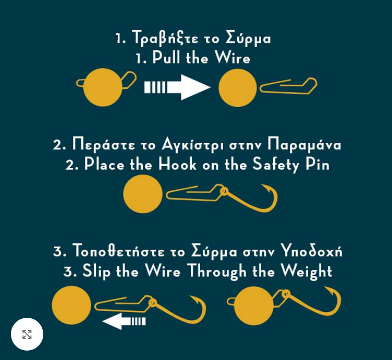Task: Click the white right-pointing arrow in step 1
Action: [x=178, y=87]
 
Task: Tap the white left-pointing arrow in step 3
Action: [x=124, y=321]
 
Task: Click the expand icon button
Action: [x=27, y=334]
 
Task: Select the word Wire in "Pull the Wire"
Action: [x=232, y=57]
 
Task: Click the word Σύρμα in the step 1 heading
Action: [x=248, y=39]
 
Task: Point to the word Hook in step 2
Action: [x=177, y=164]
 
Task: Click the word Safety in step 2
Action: [x=276, y=165]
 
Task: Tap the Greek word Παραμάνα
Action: [x=304, y=145]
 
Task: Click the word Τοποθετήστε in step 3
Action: [x=118, y=250]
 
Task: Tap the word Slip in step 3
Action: [x=96, y=272]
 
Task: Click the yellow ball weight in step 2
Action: [x=143, y=194]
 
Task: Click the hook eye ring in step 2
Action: [x=224, y=191]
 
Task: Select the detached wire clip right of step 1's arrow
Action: [x=288, y=86]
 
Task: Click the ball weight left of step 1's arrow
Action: [x=103, y=87]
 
